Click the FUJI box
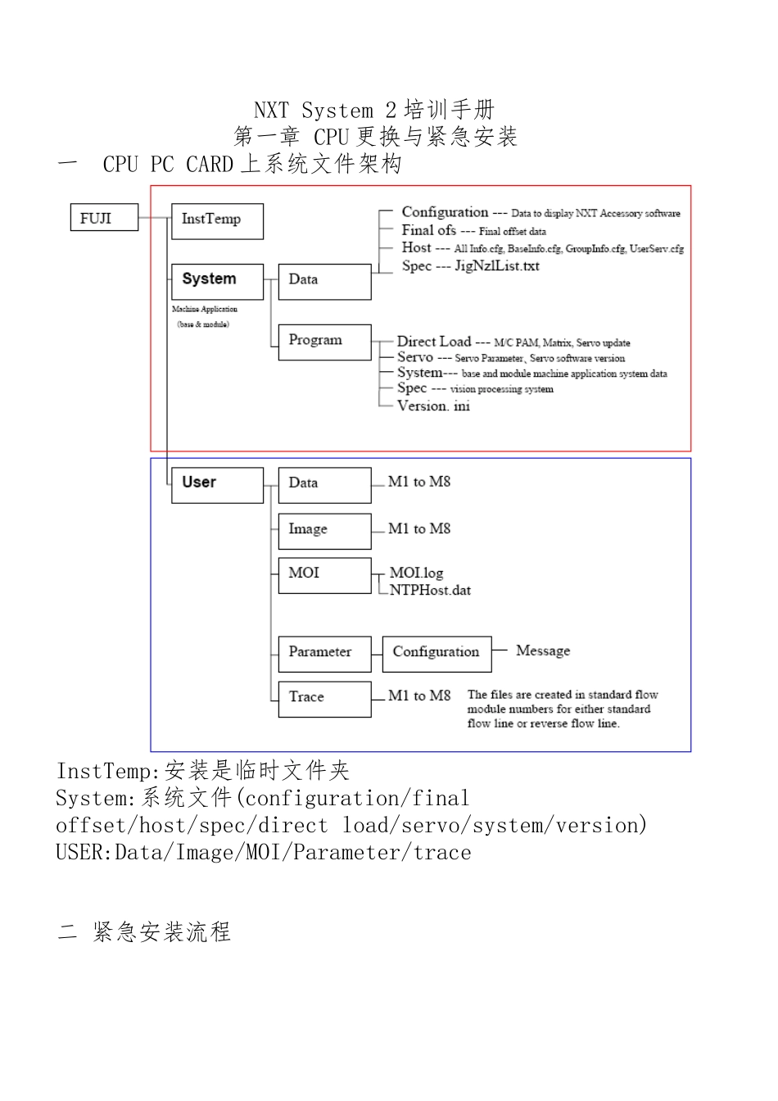(x=104, y=218)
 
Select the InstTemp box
(x=217, y=221)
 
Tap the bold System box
(x=217, y=281)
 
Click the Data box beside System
(x=324, y=281)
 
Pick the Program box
(x=324, y=342)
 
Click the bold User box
(x=217, y=485)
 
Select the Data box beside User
(x=324, y=485)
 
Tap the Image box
(x=324, y=531)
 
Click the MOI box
(x=324, y=575)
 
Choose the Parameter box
(x=324, y=654)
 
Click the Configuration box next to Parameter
(x=436, y=654)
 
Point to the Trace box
(x=324, y=699)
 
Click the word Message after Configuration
(x=543, y=650)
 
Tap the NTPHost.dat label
(x=430, y=591)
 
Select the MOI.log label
(x=416, y=573)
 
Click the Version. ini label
(x=433, y=406)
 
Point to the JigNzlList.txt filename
(x=496, y=266)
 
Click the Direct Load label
(x=434, y=342)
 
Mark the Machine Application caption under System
(x=205, y=310)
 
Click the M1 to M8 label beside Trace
(x=419, y=695)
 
